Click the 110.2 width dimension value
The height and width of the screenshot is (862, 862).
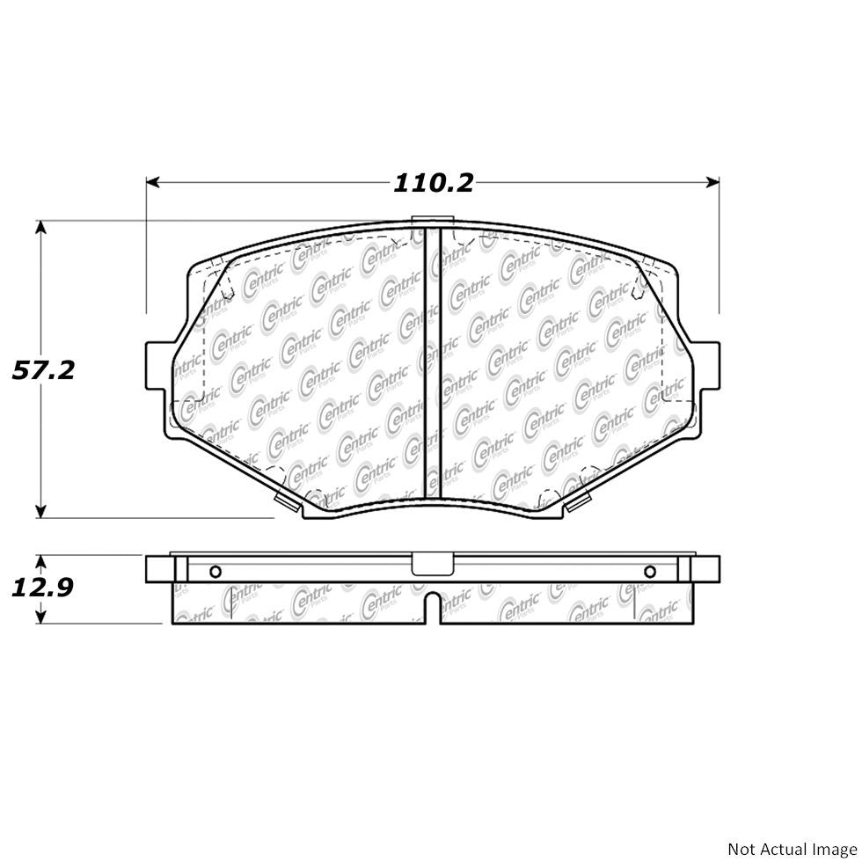433,183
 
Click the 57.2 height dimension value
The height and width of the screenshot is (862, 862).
41,370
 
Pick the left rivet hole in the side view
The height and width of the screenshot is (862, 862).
215,572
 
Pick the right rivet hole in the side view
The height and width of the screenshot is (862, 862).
649,572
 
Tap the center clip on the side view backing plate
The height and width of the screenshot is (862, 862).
431,564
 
